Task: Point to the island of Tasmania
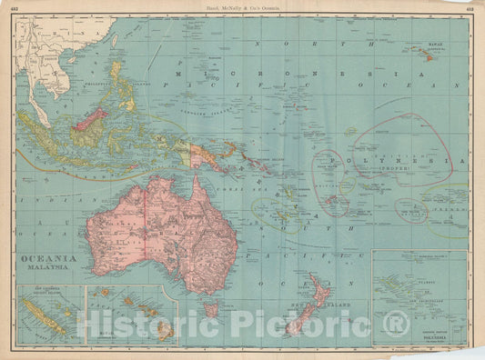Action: pyautogui.click(x=210, y=310)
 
